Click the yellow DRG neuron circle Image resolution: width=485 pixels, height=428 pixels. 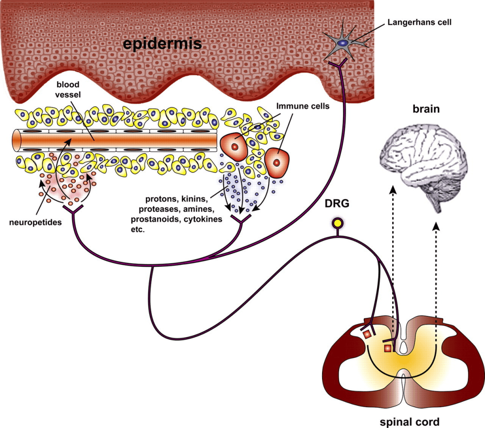coord(338,223)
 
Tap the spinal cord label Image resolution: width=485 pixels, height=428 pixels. coord(410,421)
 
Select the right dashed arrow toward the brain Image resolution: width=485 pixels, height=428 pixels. coord(436,270)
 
